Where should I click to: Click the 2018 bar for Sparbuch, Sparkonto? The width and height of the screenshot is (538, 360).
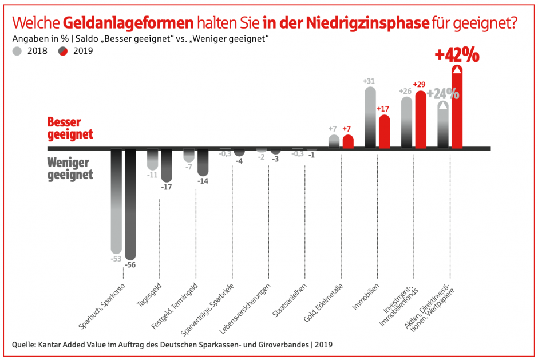116,200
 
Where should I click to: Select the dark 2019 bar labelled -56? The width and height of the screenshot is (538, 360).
130,203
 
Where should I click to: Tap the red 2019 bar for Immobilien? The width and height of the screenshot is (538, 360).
384,132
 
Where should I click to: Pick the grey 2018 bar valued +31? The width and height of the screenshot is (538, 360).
370,117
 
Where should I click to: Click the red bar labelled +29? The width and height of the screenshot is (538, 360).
421,120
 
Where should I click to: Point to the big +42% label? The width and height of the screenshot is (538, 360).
456,55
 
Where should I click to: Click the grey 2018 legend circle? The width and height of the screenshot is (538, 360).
17,50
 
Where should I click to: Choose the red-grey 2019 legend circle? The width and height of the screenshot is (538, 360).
64,50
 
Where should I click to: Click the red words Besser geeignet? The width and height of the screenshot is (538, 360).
70,128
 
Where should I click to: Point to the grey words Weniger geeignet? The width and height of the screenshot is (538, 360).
70,168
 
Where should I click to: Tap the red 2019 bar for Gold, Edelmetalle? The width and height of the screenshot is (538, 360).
347,142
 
